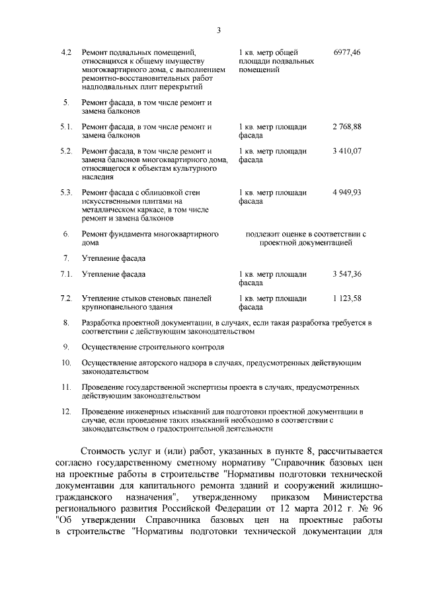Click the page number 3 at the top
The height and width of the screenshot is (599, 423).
[x=217, y=29]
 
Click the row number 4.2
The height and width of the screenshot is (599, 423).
[x=65, y=52]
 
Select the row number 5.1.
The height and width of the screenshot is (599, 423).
[x=65, y=126]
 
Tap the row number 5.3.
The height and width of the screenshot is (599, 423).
[x=65, y=193]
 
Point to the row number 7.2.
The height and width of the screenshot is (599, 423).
[x=65, y=299]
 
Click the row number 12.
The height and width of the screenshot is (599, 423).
[x=65, y=411]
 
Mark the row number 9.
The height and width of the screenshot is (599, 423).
[x=66, y=346]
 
